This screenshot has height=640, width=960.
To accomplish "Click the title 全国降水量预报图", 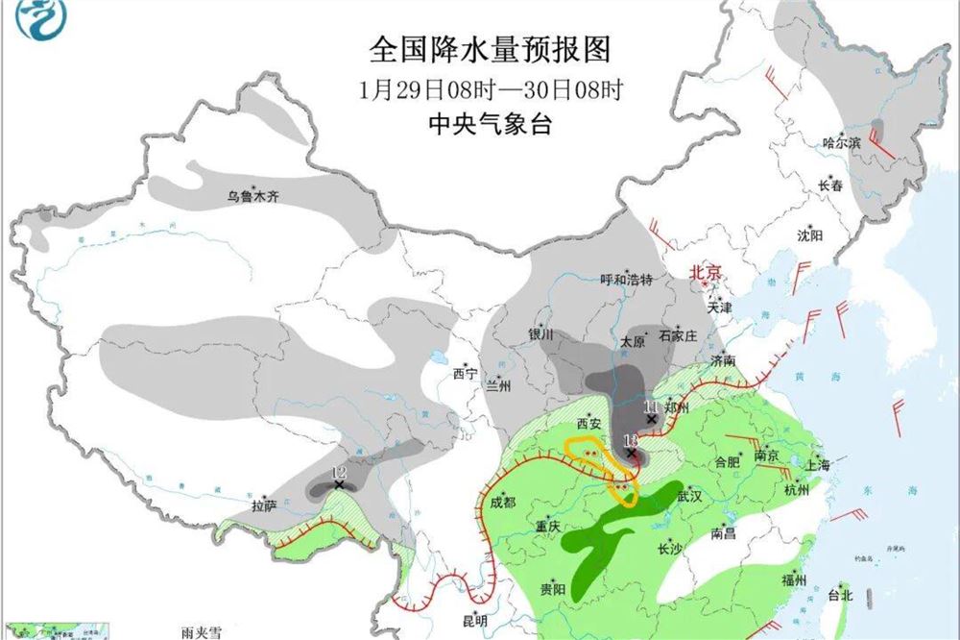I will point(491,49).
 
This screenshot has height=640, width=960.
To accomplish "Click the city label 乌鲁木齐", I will point(252,197).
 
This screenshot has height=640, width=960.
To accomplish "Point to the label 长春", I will point(830,186).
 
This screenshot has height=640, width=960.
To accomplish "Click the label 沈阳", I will point(810,235).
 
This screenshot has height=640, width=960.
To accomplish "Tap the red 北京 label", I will point(706,272).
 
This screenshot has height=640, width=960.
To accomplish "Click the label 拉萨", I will point(264,505).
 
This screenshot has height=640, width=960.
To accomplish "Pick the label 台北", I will point(840,596).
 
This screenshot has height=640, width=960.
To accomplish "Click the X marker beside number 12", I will point(339,485).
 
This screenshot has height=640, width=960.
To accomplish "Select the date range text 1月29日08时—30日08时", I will point(491,89).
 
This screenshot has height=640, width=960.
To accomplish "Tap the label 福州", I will point(794,579).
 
